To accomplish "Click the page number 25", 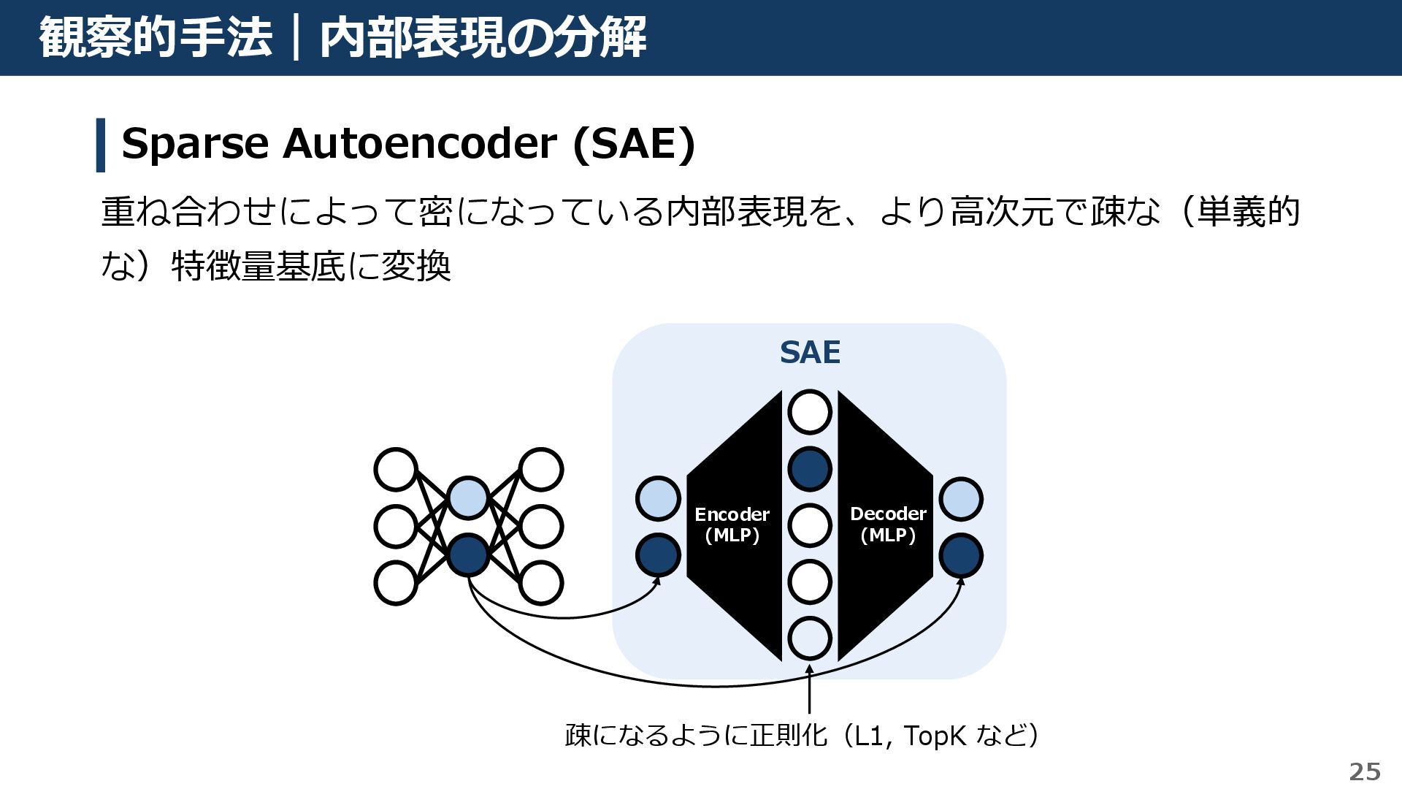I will (1364, 771).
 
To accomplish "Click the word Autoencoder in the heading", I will (419, 143).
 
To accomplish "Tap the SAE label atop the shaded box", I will (810, 353).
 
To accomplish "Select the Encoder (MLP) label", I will (732, 525).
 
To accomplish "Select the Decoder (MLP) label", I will (888, 525).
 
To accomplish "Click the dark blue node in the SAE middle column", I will (810, 468).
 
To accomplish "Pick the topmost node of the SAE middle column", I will (810, 412).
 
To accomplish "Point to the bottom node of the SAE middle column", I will (810, 638).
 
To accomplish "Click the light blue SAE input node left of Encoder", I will (658, 499).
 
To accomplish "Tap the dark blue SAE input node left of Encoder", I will (658, 555).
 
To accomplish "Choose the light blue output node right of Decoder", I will (961, 499).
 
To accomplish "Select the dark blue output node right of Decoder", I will (961, 555).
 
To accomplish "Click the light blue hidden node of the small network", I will (468, 499).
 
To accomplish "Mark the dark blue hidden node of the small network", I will (468, 555).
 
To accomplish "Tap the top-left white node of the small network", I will (396, 469).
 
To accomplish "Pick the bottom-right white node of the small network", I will (540, 583).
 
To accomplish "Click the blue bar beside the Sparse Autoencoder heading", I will (101, 145).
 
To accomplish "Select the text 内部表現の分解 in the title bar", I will (483, 38).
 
